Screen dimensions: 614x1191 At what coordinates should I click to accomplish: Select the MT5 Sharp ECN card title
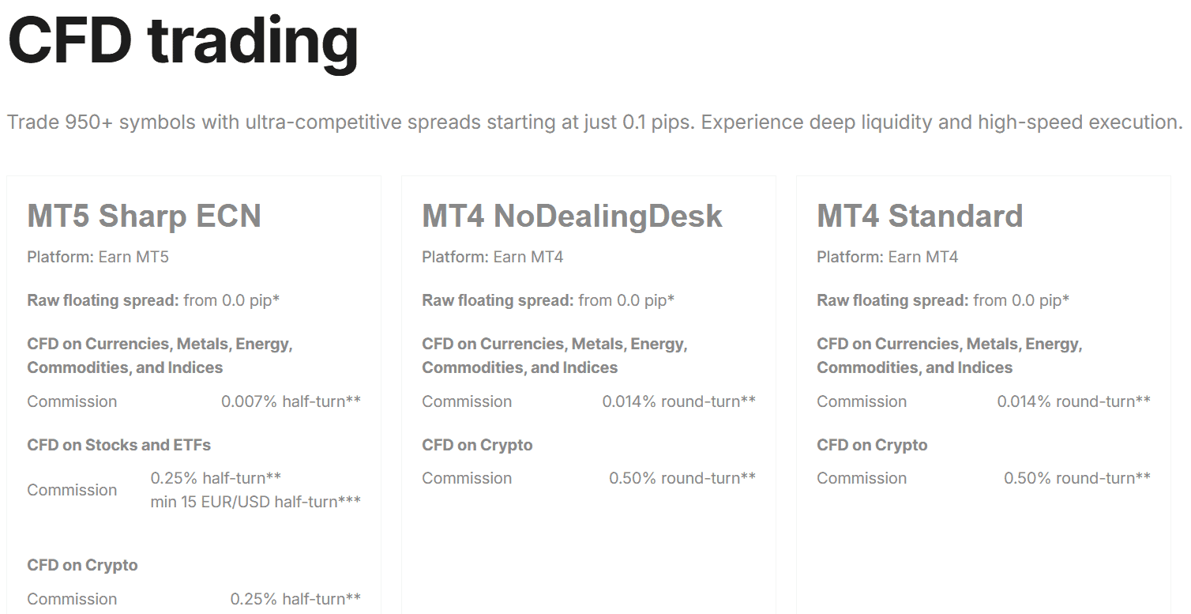tap(144, 217)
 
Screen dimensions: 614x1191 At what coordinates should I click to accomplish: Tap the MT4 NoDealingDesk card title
tap(572, 217)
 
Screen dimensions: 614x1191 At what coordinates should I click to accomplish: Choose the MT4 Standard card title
tap(919, 217)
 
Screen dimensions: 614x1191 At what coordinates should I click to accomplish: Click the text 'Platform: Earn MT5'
tap(98, 257)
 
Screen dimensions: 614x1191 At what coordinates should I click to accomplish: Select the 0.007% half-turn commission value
tap(291, 401)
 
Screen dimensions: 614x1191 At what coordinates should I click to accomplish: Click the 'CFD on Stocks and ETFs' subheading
tap(118, 445)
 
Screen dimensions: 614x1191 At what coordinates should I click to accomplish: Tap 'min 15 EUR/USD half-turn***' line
tap(255, 502)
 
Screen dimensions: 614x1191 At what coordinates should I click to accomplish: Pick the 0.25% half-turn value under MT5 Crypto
tap(295, 599)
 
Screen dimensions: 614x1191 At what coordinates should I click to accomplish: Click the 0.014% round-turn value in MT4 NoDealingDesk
tap(678, 401)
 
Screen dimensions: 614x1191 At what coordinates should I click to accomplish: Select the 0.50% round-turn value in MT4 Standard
tap(1076, 478)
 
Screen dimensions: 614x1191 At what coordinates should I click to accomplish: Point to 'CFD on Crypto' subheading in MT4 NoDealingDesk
tap(477, 445)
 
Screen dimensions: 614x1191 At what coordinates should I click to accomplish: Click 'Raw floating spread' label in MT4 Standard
tap(892, 300)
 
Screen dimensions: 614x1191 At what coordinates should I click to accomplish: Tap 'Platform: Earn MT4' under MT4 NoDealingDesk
tap(492, 257)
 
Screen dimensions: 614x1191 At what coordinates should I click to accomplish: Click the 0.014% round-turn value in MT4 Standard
tap(1073, 401)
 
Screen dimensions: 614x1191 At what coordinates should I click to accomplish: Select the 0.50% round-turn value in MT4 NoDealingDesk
tap(682, 478)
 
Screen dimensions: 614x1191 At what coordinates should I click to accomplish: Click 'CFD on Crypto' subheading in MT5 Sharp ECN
tap(82, 565)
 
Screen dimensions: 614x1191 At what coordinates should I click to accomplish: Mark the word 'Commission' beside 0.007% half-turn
tap(72, 401)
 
